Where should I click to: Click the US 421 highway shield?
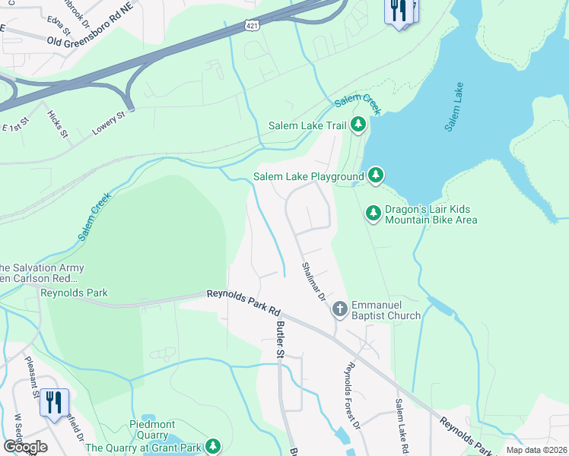[x=250, y=25]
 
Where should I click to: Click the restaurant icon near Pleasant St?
[x=53, y=402]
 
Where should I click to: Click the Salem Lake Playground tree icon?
[x=375, y=176]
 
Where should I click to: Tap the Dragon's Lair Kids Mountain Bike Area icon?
[x=373, y=214]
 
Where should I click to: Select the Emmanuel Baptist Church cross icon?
[x=339, y=309]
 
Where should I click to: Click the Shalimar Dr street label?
[x=313, y=281]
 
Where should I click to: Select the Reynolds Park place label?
[x=75, y=293]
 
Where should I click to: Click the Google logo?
[x=25, y=446]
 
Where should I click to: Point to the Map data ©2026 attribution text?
[x=536, y=450]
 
